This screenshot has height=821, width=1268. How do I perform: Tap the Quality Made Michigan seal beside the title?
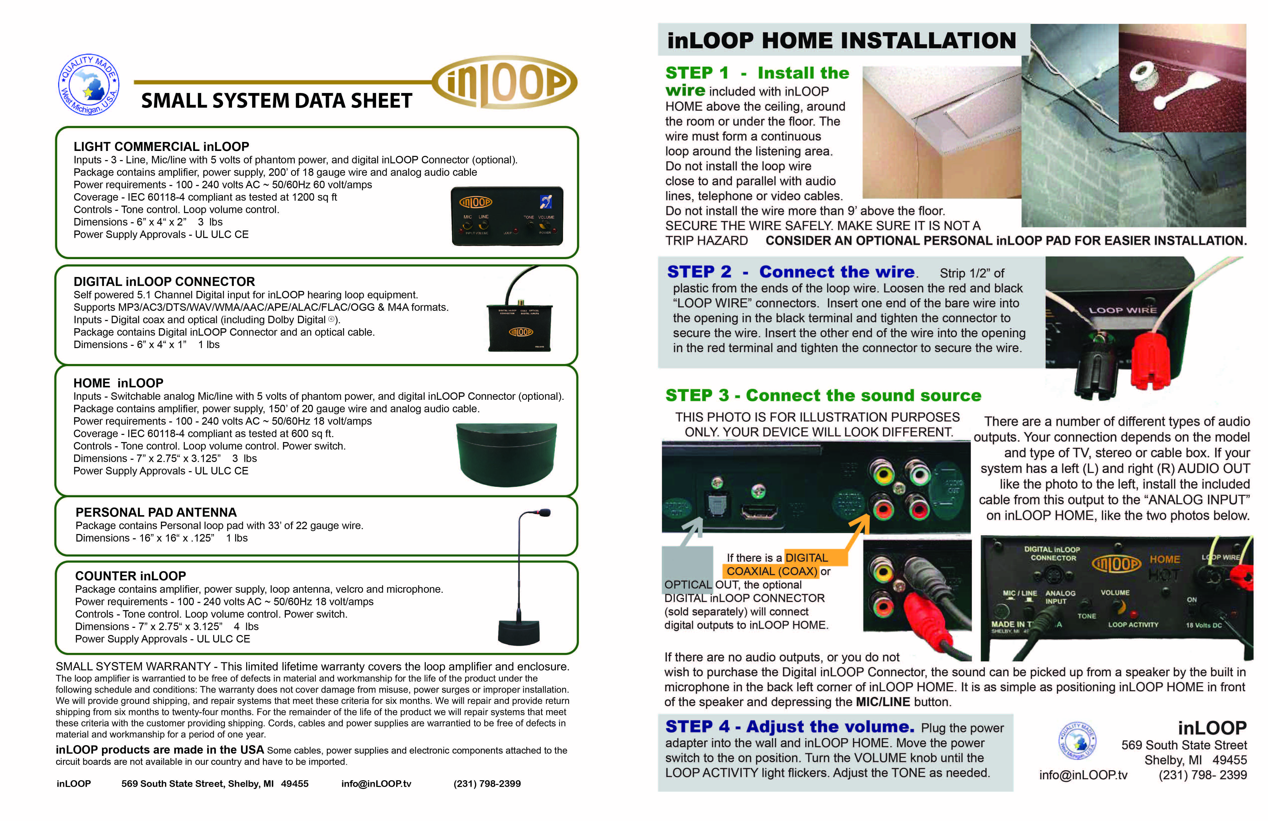[89, 84]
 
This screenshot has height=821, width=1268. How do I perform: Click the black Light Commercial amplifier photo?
[507, 216]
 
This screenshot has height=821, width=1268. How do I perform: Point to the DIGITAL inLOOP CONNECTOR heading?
[164, 281]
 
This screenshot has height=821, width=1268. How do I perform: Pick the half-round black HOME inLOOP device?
[507, 454]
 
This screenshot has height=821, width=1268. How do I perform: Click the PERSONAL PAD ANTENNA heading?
[156, 512]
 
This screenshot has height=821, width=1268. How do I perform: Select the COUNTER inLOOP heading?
[131, 576]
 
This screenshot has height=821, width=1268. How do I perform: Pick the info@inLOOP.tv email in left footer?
[376, 783]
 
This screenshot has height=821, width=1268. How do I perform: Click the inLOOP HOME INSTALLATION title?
[842, 41]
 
